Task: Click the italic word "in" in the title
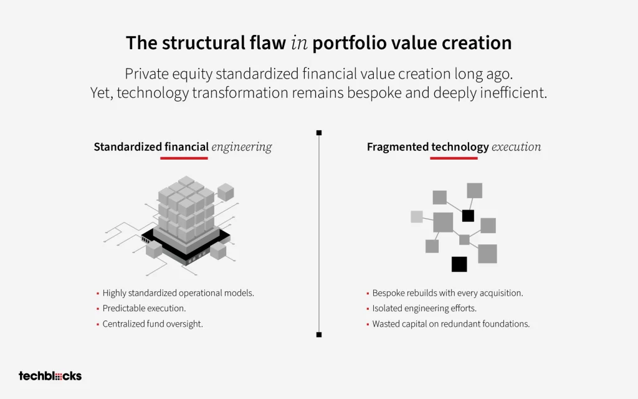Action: coord(300,43)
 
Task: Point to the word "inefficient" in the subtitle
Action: coord(513,92)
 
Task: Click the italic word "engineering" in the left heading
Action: coord(242,147)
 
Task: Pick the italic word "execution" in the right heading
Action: coord(517,147)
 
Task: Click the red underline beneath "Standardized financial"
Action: coord(184,158)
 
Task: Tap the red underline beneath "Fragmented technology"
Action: coord(454,158)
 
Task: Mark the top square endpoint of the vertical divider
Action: coord(319,133)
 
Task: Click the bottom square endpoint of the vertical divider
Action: coord(319,335)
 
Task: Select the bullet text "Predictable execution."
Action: coord(144,308)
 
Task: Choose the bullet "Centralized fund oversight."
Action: coord(153,324)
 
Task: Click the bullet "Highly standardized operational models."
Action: coord(178,293)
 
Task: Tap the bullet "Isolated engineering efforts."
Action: coord(424,308)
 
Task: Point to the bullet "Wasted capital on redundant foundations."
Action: coord(451,324)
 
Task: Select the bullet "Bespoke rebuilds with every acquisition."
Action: coord(447,293)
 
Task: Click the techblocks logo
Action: coord(50,376)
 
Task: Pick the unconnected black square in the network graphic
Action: coord(459,264)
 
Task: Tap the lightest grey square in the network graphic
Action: coord(417,216)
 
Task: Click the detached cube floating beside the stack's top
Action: coord(226,192)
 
